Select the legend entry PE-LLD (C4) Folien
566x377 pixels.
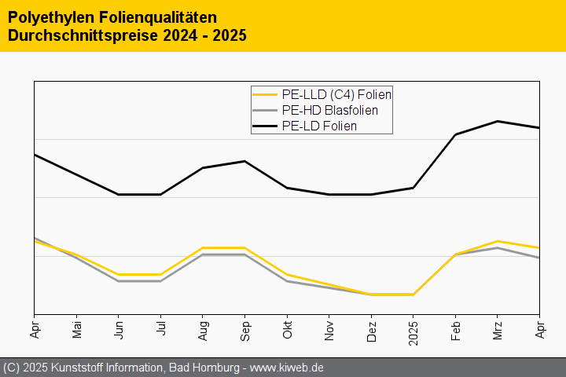[x=336, y=94]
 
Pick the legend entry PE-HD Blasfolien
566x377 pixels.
[x=329, y=110]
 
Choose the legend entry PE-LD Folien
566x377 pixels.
[x=319, y=126]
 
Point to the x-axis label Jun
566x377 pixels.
[x=119, y=325]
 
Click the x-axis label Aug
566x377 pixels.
[x=203, y=325]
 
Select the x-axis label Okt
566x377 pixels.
[x=287, y=325]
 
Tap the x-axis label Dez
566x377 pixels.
[x=371, y=325]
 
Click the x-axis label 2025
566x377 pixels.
[x=413, y=328]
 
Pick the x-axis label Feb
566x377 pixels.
[x=455, y=325]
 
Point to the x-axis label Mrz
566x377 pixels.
[x=497, y=325]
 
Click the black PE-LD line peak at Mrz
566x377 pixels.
[x=497, y=121]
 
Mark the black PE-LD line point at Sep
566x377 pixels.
[x=245, y=161]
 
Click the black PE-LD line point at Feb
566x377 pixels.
[x=455, y=134]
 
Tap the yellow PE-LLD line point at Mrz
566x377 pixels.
[x=497, y=241]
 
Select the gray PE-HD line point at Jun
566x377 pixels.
[x=119, y=280]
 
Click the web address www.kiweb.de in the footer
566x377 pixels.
[x=287, y=368]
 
